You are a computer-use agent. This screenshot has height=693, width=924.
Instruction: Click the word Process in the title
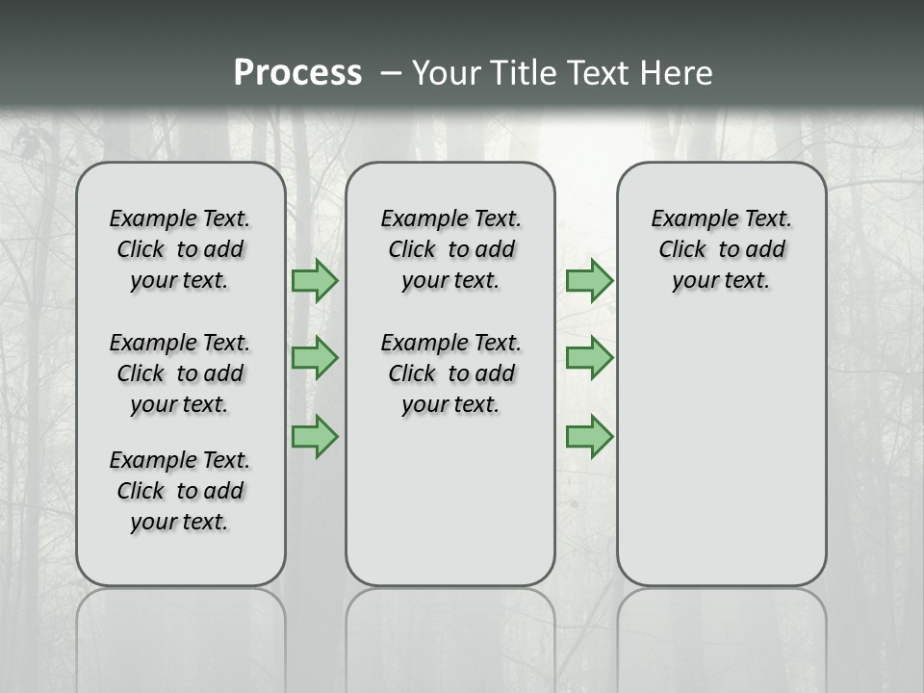(297, 73)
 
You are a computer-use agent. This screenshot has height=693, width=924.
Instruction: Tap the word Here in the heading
(673, 73)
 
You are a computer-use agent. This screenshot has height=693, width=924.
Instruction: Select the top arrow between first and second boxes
(315, 281)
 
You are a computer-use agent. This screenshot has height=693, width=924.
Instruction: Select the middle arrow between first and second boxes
(315, 358)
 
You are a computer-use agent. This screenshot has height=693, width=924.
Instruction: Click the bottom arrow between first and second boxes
(315, 436)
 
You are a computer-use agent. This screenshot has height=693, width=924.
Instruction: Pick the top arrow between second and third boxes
(589, 281)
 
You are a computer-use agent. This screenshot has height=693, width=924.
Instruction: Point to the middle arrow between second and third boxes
(589, 358)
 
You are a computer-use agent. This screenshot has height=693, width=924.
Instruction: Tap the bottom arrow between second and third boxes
(589, 436)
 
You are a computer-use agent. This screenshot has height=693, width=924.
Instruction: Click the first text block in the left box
(180, 249)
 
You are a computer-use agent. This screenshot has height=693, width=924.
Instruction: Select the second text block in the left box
(180, 373)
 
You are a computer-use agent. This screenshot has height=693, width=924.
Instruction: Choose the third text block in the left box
(180, 491)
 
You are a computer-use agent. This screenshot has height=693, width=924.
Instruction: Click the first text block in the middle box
(450, 249)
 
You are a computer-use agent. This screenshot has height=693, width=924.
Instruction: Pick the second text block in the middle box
(450, 373)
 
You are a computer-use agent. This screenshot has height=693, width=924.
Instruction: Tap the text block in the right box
(721, 249)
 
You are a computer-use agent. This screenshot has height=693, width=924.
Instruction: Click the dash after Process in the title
(391, 73)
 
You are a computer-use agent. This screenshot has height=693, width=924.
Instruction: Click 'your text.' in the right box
(721, 281)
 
